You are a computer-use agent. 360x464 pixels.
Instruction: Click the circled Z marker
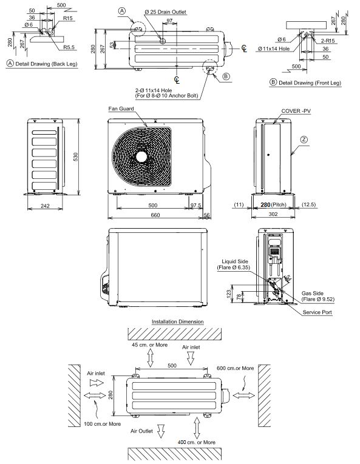pyautogui.click(x=304, y=139)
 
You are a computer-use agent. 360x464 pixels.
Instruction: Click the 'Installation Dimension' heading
pyautogui.click(x=177, y=321)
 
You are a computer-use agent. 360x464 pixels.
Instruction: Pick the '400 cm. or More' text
pyautogui.click(x=195, y=443)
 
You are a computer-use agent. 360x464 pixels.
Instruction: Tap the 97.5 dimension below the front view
pyautogui.click(x=195, y=206)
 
